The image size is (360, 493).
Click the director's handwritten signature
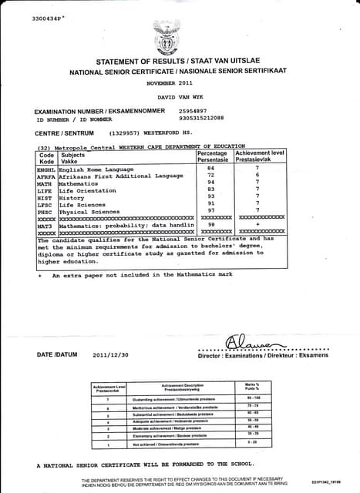(247, 340)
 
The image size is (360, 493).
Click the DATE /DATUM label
(56, 355)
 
